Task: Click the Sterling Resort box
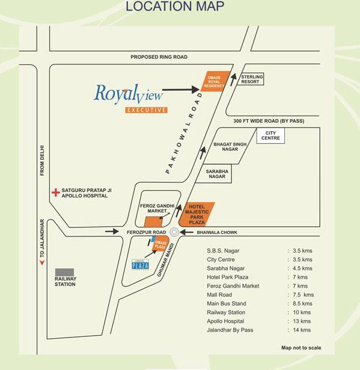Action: [250, 79]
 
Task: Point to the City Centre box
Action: [269, 136]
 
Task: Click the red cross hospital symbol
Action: [55, 193]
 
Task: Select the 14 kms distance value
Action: [302, 330]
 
